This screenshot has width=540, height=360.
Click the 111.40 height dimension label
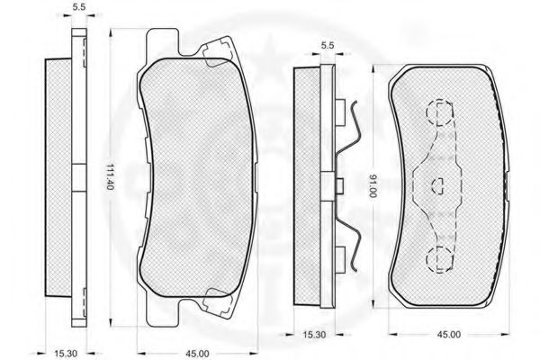point(110,176)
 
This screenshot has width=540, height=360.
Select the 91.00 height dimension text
point(373,186)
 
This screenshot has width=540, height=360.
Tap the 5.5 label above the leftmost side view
point(79,7)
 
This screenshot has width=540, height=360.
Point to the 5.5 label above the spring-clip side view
point(328,45)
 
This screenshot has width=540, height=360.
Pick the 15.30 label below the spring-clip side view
point(314,334)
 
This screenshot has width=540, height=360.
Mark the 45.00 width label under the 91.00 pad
point(449,334)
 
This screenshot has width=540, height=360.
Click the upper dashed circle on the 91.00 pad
point(439,112)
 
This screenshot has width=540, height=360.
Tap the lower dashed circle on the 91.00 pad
point(439,258)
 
